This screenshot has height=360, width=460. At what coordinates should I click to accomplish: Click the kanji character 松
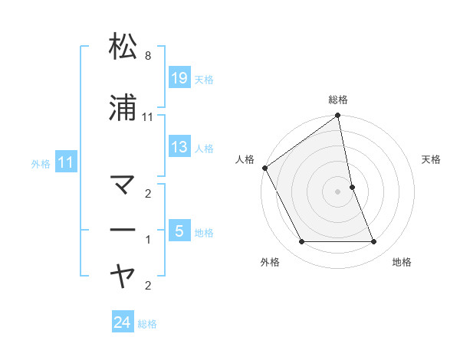point(123,47)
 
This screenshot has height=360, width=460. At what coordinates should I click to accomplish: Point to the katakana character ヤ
point(123,273)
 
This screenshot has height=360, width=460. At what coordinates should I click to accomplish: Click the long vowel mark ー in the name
point(123,230)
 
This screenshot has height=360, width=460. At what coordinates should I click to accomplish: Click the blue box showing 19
point(179,77)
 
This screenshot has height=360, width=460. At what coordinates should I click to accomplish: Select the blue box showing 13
point(179,147)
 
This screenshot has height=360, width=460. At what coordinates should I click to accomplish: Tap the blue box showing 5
point(179,230)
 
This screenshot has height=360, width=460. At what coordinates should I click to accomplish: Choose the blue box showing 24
point(123,322)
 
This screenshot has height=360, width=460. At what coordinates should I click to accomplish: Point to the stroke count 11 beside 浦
point(148,116)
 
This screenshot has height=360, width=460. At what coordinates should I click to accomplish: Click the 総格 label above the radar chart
point(338,100)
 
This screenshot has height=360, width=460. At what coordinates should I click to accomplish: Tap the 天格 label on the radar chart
point(432,159)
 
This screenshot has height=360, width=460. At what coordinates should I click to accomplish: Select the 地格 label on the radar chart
point(402,262)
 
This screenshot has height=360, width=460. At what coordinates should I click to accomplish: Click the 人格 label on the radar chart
point(245,159)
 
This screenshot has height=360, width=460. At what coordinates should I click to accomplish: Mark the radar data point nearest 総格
point(338,116)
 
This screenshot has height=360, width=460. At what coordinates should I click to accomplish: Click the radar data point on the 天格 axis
point(352,187)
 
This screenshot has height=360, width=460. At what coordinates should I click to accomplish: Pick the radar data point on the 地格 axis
point(374,242)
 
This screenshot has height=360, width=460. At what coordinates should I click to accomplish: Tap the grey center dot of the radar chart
point(338,191)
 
